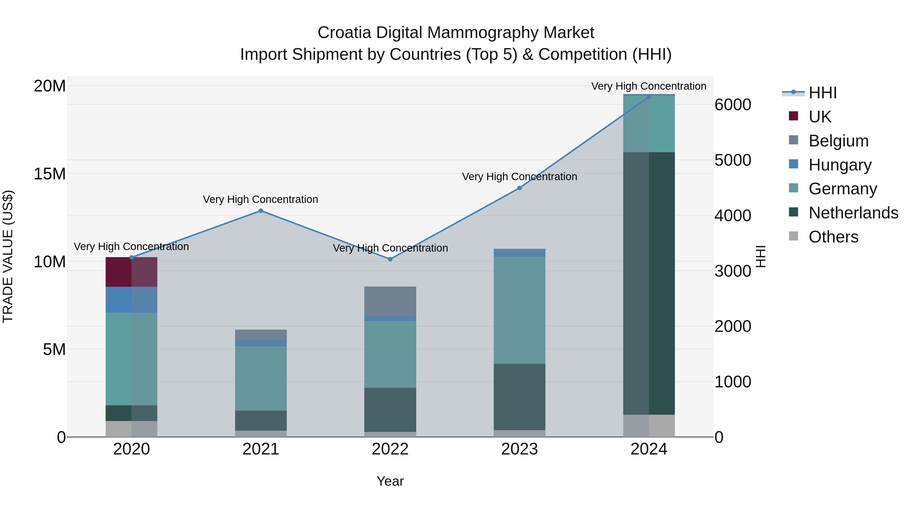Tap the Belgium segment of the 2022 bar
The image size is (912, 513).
(390, 301)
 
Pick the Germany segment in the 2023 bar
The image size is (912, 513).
(519, 310)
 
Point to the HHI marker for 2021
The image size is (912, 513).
(261, 211)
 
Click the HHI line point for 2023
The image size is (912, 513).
(519, 188)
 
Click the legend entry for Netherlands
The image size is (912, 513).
(853, 213)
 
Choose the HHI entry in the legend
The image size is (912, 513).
(822, 93)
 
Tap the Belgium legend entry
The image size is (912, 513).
(838, 141)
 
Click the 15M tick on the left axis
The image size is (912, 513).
(50, 174)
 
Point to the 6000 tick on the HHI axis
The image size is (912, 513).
(732, 105)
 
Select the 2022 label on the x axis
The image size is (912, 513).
(390, 449)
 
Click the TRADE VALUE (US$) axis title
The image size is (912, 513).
(8, 256)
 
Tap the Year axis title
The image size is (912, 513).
(390, 481)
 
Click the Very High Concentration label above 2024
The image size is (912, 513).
(649, 86)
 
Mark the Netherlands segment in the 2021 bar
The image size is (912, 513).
(261, 420)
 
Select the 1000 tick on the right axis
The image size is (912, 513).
(732, 382)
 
